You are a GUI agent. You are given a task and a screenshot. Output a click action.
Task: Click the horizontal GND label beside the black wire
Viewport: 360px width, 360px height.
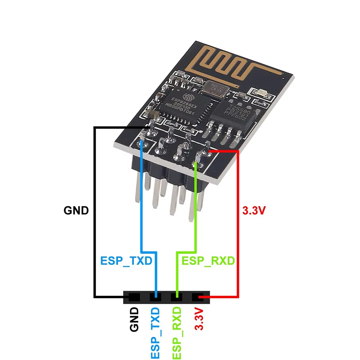[x=76, y=210]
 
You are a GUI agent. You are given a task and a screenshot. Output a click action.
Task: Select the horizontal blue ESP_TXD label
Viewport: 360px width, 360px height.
[x=126, y=261]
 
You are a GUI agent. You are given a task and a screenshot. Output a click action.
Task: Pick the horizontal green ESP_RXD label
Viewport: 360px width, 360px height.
[x=208, y=260]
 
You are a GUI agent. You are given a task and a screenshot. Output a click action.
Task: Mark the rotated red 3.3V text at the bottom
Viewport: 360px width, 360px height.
[x=199, y=319]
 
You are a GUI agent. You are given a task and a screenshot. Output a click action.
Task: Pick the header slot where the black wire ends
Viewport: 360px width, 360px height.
[x=134, y=297]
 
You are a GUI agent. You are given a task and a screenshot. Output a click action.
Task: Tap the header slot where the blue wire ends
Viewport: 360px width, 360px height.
[x=156, y=297]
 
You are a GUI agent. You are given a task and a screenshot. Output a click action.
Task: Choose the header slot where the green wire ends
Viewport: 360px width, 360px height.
[x=177, y=297]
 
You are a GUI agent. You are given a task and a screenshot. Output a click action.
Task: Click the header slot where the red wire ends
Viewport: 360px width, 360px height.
[x=198, y=297]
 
